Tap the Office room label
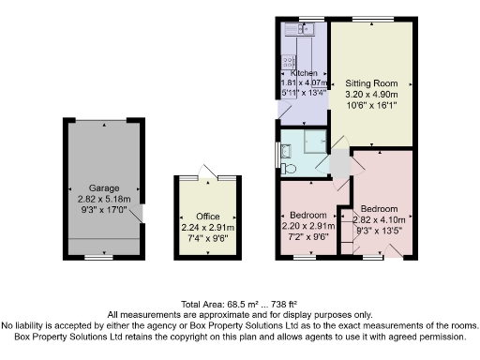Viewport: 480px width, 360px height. click(x=207, y=217)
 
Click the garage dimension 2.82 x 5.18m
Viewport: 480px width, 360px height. click(x=104, y=200)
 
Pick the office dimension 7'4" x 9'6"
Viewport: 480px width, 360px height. click(x=207, y=238)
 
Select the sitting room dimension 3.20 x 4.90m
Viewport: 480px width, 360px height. click(x=370, y=95)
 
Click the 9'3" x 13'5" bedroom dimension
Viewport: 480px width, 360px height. click(x=379, y=228)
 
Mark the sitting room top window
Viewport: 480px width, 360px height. click(x=370, y=20)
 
